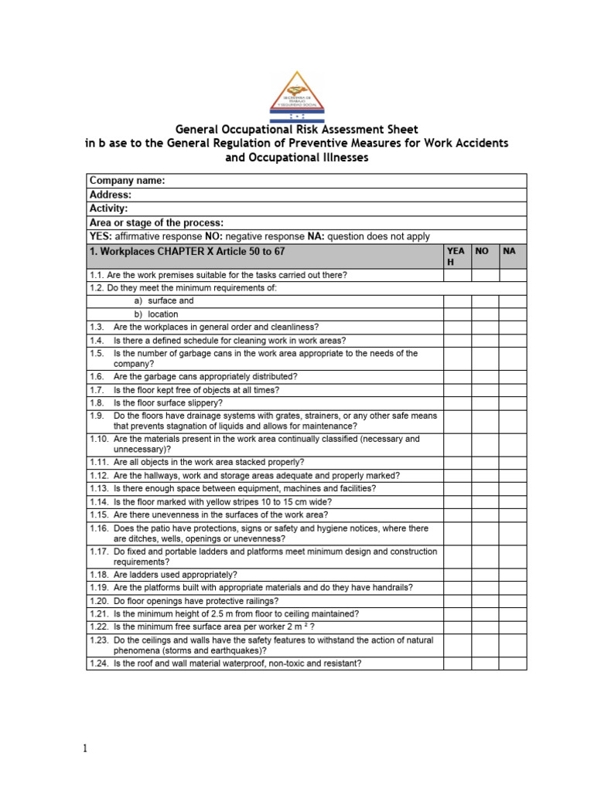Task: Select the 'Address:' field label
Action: (111, 195)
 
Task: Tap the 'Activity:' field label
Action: (109, 209)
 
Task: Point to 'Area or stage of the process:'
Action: (157, 222)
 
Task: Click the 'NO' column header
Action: (482, 252)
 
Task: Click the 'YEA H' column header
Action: (456, 256)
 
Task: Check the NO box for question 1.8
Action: (485, 402)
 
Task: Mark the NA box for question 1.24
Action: (513, 664)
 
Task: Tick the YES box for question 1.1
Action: (457, 275)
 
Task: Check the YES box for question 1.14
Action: (457, 501)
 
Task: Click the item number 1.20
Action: (98, 600)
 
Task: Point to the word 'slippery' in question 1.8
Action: (207, 402)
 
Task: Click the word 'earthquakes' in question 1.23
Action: (231, 650)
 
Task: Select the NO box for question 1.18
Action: (485, 575)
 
